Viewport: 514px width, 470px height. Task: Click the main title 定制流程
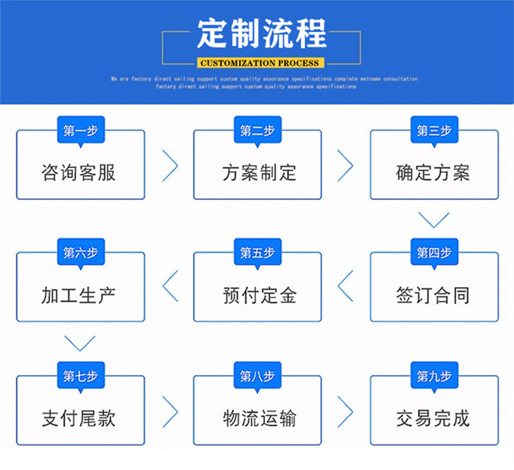pos(262,33)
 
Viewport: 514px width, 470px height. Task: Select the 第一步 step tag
pos(80,130)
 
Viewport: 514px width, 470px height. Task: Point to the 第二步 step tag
pos(257,130)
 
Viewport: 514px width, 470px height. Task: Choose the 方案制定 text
pos(259,173)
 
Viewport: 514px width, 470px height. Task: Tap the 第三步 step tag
pos(434,130)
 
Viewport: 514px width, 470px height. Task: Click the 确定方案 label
pos(433,173)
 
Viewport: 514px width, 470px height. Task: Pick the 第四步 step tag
pos(434,253)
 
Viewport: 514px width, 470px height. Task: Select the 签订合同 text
pos(433,295)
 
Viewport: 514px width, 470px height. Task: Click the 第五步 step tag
pos(257,253)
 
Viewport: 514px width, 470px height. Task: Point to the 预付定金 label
pos(259,295)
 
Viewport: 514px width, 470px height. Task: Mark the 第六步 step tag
pos(80,253)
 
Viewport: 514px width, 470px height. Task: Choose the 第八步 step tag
pos(257,376)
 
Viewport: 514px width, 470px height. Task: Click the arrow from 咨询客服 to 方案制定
pos(170,165)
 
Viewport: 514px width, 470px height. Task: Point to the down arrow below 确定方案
pos(434,220)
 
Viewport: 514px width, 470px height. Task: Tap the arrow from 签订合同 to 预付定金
pos(347,286)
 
